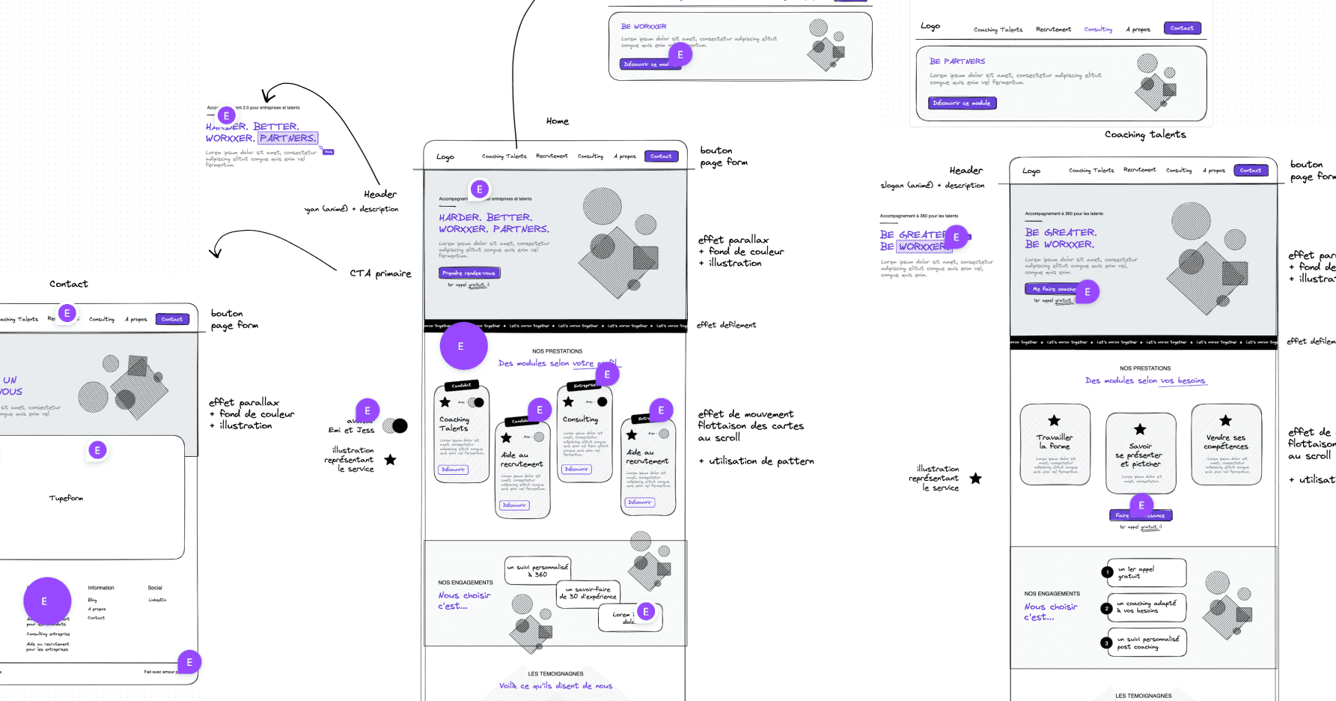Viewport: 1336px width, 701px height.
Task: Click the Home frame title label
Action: [x=557, y=121]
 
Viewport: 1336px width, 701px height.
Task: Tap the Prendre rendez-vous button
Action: [x=469, y=273]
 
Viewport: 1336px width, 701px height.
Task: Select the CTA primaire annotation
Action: [x=380, y=273]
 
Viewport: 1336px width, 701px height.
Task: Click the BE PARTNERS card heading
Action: [x=957, y=61]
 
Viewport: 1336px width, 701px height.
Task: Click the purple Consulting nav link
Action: [x=1098, y=29]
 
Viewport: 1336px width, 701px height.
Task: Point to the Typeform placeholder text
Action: [x=66, y=498]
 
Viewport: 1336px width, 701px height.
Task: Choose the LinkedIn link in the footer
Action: [x=157, y=600]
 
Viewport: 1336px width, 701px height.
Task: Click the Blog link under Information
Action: [x=92, y=600]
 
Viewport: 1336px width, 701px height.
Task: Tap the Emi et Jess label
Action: [x=351, y=430]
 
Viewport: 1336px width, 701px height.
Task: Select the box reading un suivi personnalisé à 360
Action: [x=537, y=571]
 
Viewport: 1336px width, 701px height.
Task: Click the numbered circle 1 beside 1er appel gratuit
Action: [x=1107, y=572]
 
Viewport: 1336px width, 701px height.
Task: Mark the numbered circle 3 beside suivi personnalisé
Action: [x=1106, y=643]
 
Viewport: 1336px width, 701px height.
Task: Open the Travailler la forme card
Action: [x=1055, y=445]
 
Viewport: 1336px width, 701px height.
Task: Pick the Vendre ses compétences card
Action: [x=1226, y=445]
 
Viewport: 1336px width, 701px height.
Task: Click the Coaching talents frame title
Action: [x=1144, y=135]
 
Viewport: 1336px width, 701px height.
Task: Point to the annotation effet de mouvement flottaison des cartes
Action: [x=750, y=425]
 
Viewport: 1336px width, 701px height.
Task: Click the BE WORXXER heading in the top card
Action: [x=644, y=26]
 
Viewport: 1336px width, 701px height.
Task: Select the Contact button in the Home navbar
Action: [x=661, y=157]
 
